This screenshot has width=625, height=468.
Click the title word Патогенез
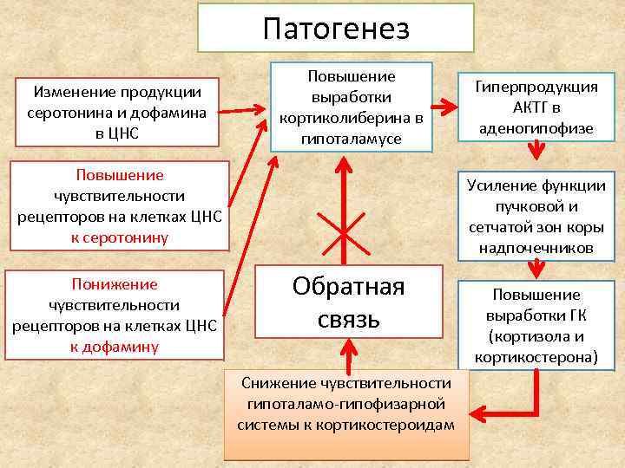pos(335,29)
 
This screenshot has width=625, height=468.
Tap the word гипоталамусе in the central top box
pos(351,137)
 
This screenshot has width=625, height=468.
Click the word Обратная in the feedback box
pos(348,287)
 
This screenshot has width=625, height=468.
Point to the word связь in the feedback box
pos(348,319)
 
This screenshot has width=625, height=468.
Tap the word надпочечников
pos(536,248)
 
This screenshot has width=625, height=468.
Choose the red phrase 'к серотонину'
pos(119,237)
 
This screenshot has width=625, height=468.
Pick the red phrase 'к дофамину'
pos(115,346)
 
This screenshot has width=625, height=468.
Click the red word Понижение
pos(115,283)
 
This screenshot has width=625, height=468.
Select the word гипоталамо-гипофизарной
pos(345,404)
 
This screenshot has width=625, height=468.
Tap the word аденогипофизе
pos(536,128)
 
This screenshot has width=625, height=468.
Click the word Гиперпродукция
pos(536,87)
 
